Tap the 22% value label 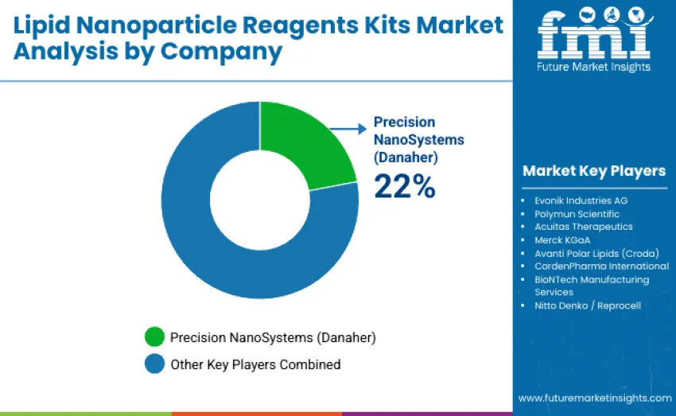coord(405,187)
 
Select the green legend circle coord(154,337)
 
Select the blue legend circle coord(154,364)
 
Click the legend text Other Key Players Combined coord(254,364)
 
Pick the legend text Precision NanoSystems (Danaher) coord(273,337)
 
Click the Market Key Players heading coord(593,171)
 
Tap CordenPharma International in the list coord(601,266)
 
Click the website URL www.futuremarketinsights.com coord(594,398)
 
